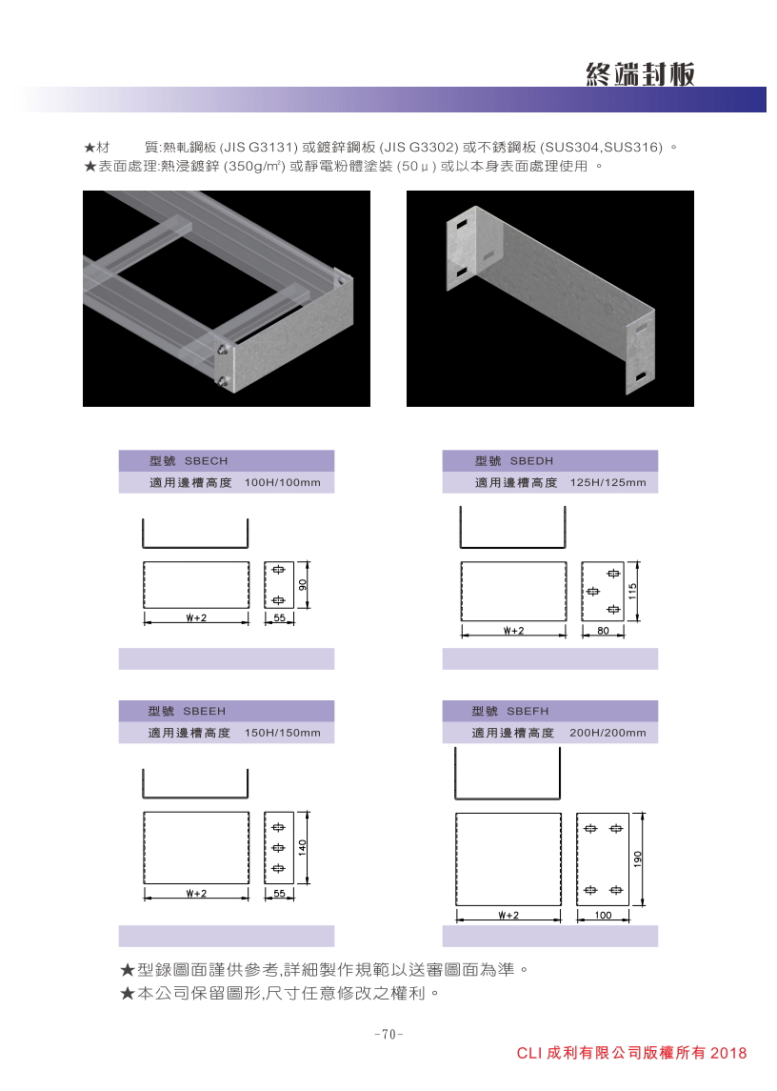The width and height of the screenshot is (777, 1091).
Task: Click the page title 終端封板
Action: click(640, 73)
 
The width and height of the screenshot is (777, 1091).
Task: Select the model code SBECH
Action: click(206, 460)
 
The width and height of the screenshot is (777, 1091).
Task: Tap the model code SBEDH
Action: click(531, 460)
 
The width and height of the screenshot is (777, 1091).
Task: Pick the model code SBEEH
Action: click(205, 711)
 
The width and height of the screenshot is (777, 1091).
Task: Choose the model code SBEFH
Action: click(528, 711)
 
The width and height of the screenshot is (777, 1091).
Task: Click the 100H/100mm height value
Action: click(283, 482)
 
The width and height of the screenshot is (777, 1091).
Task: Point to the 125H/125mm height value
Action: click(608, 482)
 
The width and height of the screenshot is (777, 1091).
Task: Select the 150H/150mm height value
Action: click(283, 733)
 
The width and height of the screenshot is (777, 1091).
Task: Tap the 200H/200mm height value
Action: click(608, 733)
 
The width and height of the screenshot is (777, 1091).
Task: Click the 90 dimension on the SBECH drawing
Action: click(303, 585)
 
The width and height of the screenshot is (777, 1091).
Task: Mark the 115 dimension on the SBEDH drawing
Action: click(632, 592)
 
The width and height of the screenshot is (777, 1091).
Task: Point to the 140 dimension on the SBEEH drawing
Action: click(303, 847)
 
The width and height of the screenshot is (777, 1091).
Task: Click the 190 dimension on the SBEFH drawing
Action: click(638, 859)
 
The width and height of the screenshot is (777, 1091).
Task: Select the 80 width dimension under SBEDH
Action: click(603, 631)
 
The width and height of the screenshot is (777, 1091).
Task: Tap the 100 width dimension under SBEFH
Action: click(603, 915)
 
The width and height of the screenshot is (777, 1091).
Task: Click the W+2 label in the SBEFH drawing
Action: click(508, 915)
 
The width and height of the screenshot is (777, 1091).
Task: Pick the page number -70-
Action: click(388, 1034)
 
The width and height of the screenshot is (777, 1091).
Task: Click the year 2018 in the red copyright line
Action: click(728, 1053)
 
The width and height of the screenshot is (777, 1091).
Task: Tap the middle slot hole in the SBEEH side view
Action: click(279, 847)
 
